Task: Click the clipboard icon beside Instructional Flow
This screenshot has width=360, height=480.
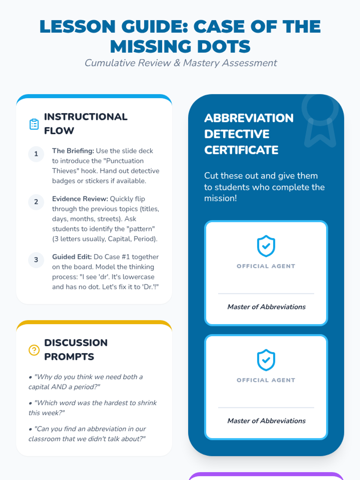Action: (x=34, y=124)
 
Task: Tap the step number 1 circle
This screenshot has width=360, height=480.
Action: (x=36, y=154)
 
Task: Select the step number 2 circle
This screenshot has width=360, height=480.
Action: (x=36, y=202)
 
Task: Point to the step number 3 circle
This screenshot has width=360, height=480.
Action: (x=36, y=260)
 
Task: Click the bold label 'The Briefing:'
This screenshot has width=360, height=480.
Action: (x=73, y=151)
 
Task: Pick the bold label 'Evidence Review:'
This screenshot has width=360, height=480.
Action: (x=80, y=199)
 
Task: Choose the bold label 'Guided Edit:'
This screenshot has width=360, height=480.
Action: (x=72, y=257)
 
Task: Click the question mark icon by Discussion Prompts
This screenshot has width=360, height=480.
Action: (x=34, y=350)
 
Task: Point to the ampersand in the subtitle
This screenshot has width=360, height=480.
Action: (x=177, y=63)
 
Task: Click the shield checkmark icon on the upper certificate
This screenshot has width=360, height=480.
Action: (x=266, y=246)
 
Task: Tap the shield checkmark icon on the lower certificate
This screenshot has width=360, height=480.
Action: (x=266, y=360)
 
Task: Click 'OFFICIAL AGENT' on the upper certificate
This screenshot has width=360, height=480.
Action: (x=266, y=266)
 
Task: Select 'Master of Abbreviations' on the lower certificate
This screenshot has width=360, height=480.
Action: (x=266, y=421)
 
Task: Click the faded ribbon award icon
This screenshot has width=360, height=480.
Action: (x=320, y=121)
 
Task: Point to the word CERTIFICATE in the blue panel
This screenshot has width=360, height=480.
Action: (x=241, y=150)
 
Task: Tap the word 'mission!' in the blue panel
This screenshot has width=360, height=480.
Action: (x=220, y=198)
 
